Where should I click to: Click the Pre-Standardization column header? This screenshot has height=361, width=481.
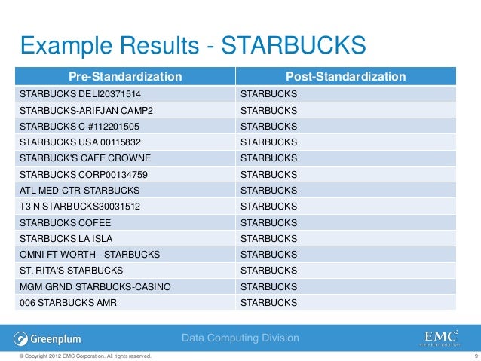point(126,76)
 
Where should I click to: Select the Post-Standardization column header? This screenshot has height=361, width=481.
point(346,76)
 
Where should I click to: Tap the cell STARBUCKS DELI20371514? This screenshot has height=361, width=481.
point(80,94)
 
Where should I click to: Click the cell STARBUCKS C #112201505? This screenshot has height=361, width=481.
point(79,126)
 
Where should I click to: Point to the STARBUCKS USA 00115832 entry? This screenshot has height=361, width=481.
point(81,142)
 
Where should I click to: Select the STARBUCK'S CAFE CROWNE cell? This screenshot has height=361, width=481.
point(85,158)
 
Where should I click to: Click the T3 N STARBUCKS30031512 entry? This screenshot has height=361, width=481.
point(81,206)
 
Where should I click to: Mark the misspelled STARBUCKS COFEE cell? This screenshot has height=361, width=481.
point(65,222)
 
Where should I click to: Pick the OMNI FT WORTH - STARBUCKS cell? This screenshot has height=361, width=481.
point(83,254)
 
